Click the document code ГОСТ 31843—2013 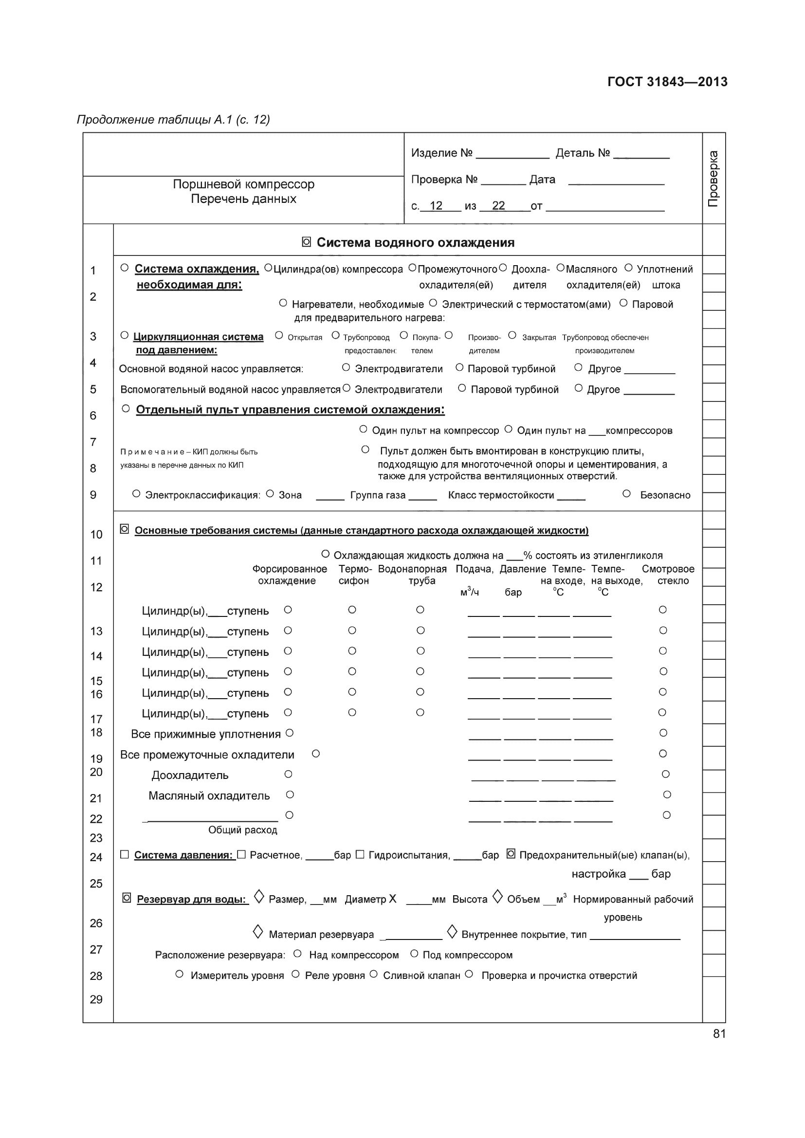pos(667,82)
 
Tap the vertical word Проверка pos(714,179)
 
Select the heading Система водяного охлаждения pos(415,242)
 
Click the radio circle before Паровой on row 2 pos(623,303)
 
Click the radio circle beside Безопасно pos(626,494)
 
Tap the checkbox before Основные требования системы pos(125,529)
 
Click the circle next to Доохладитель pos(288,774)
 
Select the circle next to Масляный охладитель pos(290,795)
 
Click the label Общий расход pos(242,830)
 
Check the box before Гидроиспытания pos(360,854)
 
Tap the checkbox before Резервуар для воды pos(127,898)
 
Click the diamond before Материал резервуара pos(258,932)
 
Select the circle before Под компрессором pos(414,954)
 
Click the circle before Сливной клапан pos(374,975)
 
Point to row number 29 pos(96,999)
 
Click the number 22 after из pos(498,206)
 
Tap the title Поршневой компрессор pos(243,184)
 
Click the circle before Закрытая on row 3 pos(512,336)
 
